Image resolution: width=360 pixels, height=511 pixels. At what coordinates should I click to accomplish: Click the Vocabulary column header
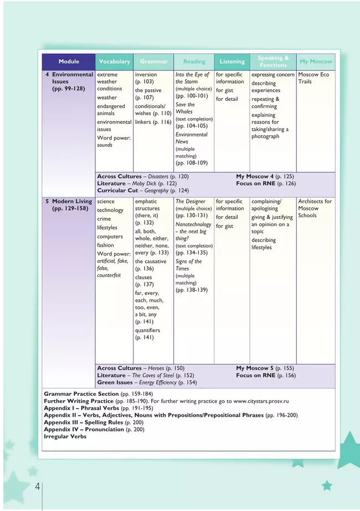click(x=114, y=62)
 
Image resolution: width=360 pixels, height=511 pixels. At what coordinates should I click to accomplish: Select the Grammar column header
click(x=153, y=62)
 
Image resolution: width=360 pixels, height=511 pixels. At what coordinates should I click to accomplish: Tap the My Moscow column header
click(x=316, y=62)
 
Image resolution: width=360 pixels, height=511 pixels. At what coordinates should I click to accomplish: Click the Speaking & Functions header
click(x=274, y=62)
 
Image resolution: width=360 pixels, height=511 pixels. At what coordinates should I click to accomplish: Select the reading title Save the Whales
click(x=185, y=108)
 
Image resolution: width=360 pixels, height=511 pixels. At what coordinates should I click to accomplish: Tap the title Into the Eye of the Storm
click(x=192, y=78)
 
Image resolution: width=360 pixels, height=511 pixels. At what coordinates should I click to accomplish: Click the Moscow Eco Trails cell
click(x=313, y=78)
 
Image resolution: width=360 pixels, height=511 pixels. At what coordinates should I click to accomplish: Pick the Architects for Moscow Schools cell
click(x=315, y=208)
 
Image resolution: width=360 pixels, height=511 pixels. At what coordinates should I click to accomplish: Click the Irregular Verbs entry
click(x=65, y=437)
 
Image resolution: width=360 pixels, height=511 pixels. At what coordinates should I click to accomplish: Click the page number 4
click(x=37, y=487)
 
